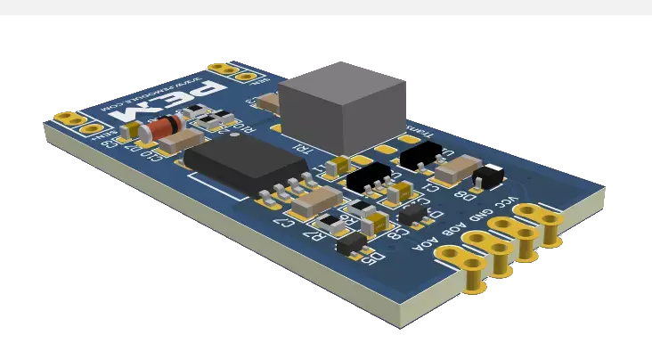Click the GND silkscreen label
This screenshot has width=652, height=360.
pyautogui.click(x=477, y=214)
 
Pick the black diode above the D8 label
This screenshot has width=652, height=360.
pyautogui.click(x=488, y=175)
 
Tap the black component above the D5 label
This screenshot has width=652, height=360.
pyautogui.click(x=348, y=243)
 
